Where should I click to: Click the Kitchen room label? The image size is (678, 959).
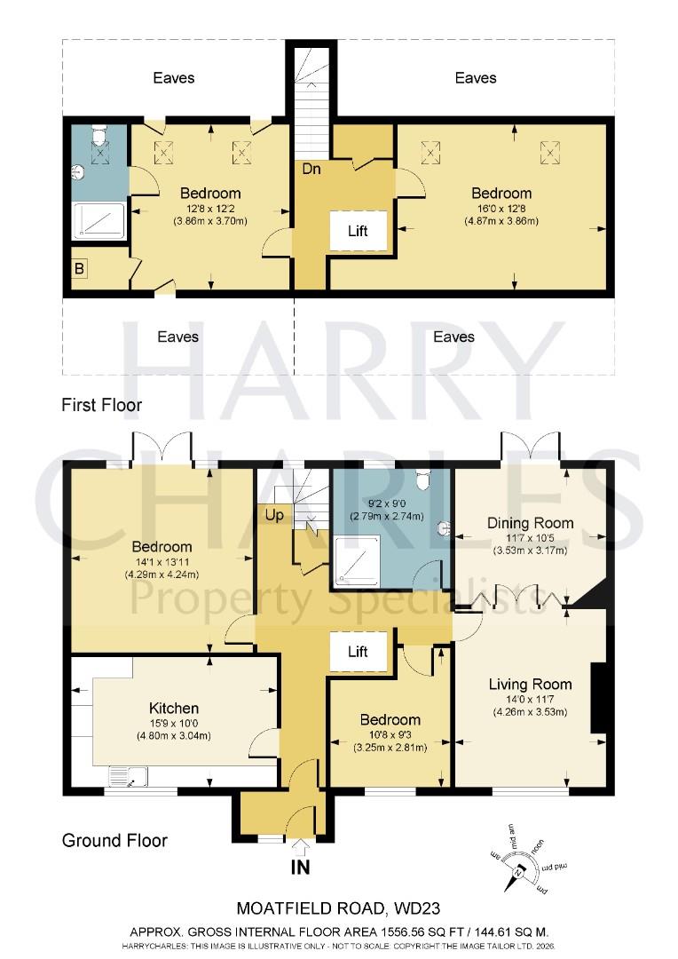pyautogui.click(x=174, y=708)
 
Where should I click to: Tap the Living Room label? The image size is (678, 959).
pyautogui.click(x=530, y=684)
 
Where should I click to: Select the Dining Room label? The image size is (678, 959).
pyautogui.click(x=530, y=523)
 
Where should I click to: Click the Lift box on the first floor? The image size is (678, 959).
pyautogui.click(x=358, y=231)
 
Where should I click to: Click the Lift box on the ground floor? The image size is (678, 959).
pyautogui.click(x=358, y=652)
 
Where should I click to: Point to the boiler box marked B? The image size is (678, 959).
pyautogui.click(x=81, y=268)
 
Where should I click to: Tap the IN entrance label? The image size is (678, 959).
pyautogui.click(x=301, y=867)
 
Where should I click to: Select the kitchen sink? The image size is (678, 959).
pyautogui.click(x=129, y=779)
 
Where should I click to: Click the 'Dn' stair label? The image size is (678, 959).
pyautogui.click(x=311, y=168)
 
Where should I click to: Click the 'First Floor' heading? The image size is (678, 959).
pyautogui.click(x=101, y=405)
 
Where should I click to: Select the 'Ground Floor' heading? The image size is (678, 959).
pyautogui.click(x=114, y=840)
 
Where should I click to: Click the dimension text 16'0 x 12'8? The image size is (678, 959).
pyautogui.click(x=501, y=209)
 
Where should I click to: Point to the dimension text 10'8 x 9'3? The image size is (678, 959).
pyautogui.click(x=390, y=734)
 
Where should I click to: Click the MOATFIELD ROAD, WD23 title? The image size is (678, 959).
pyautogui.click(x=338, y=908)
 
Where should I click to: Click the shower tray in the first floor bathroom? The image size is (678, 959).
pyautogui.click(x=99, y=220)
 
